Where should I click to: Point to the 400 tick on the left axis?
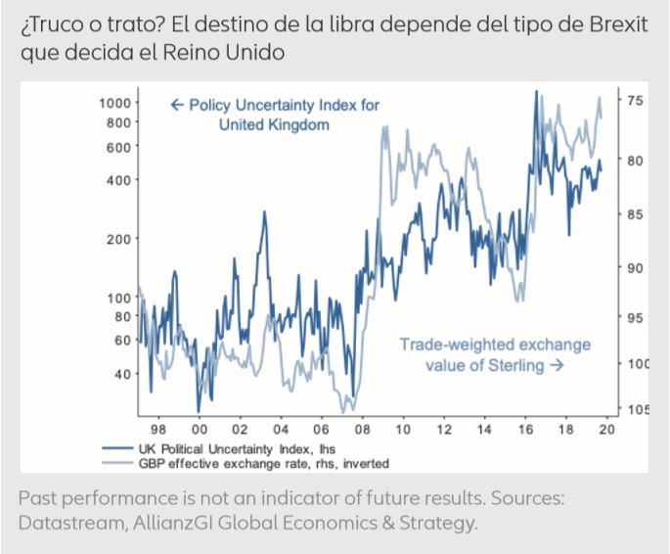pyautogui.click(x=116, y=180)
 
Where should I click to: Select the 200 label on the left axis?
pyautogui.click(x=116, y=239)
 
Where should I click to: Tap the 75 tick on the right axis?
pyautogui.click(x=633, y=100)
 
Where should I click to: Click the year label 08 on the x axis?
pyautogui.click(x=362, y=430)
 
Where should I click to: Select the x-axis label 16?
pyautogui.click(x=525, y=430)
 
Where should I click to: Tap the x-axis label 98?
pyautogui.click(x=157, y=430)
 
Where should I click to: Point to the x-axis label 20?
pyautogui.click(x=606, y=430)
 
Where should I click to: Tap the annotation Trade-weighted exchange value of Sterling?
pyautogui.click(x=495, y=355)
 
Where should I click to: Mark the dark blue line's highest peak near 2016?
pyautogui.click(x=536, y=91)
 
